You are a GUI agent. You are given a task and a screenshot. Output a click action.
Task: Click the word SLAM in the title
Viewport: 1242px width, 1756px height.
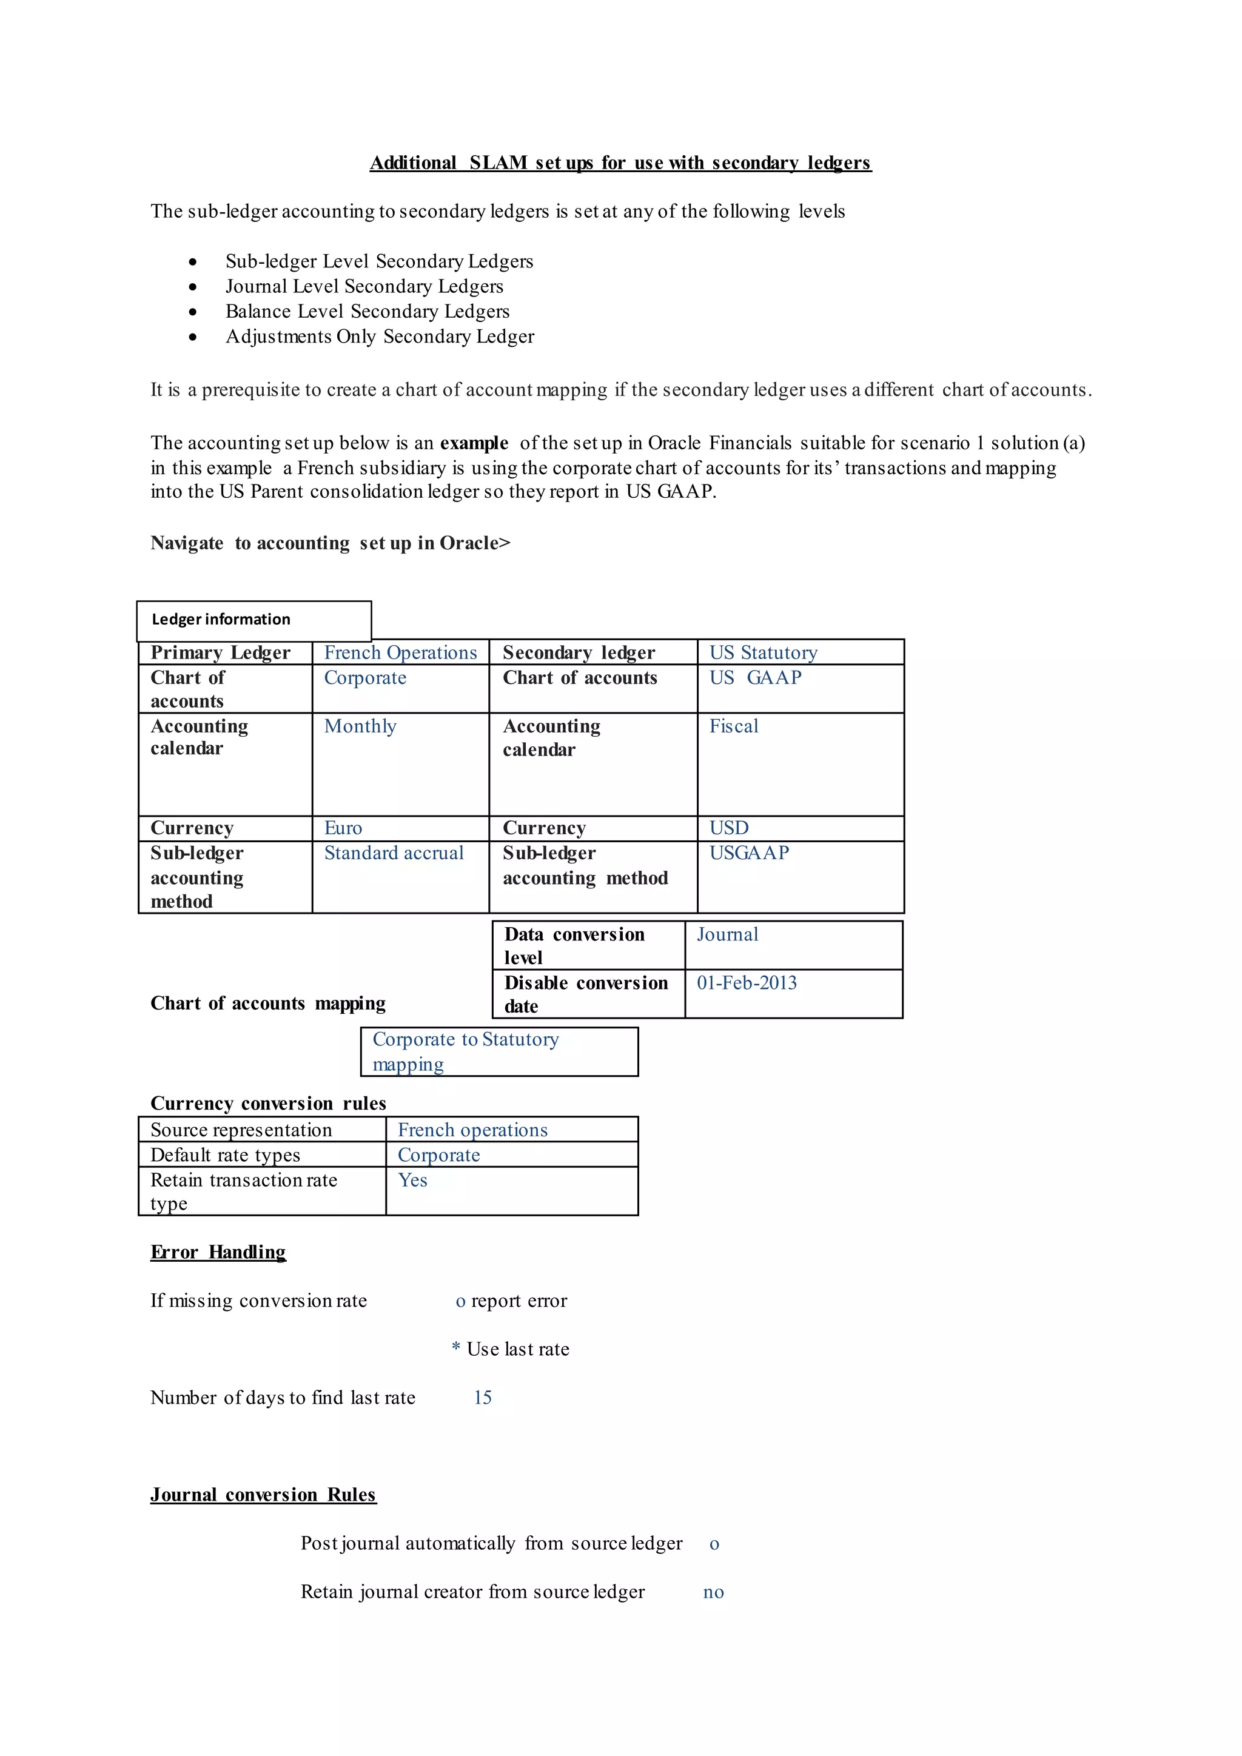coord(498,163)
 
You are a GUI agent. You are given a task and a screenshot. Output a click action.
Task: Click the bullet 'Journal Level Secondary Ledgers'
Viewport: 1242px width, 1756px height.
coord(364,286)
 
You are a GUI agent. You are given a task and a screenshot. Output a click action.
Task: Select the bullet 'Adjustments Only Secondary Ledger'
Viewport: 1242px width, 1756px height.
coord(379,337)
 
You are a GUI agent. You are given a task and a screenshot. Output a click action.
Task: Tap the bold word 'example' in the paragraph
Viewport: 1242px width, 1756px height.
coord(474,444)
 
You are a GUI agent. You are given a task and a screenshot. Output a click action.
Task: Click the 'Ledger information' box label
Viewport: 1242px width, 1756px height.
coord(221,620)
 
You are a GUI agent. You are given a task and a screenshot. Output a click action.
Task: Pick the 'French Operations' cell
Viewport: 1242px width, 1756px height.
coord(400,652)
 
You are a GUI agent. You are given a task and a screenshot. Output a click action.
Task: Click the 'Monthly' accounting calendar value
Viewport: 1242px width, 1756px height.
coord(360,726)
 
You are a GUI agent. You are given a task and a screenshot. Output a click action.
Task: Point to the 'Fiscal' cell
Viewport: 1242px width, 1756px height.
coord(733,726)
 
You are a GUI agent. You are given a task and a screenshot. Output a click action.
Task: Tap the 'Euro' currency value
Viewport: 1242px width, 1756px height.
coord(343,828)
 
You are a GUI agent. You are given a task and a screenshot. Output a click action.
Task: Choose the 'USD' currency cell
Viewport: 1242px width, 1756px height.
coord(728,828)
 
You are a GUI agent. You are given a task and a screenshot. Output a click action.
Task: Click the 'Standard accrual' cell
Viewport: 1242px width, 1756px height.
coord(394,854)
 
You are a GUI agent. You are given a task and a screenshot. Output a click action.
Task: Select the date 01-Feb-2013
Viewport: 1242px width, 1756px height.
coord(747,983)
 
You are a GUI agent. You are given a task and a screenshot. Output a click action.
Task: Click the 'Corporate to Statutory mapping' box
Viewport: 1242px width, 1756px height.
coord(498,1051)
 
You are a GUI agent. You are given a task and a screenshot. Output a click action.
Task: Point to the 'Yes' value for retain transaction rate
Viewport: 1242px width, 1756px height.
coord(413,1180)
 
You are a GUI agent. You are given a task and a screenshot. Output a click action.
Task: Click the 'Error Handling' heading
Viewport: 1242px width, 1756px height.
coord(218,1252)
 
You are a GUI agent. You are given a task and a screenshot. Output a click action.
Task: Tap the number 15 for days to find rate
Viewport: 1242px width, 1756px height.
coord(483,1398)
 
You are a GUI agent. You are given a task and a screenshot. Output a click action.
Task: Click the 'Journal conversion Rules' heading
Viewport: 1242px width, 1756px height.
coord(263,1495)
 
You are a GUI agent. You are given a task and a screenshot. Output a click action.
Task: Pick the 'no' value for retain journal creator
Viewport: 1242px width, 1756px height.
coord(714,1592)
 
